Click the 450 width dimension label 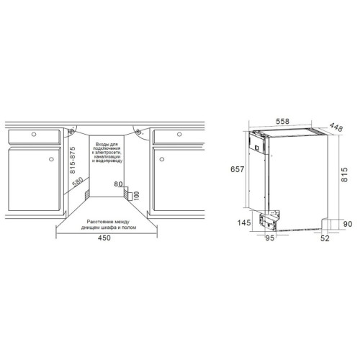coord(104,238)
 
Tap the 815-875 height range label coord(72,160)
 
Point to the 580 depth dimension coord(78,181)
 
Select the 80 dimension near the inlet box coord(118,184)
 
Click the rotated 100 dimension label coord(136,196)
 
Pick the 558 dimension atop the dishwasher coord(282,122)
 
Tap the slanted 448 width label coord(336,127)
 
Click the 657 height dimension coord(237,169)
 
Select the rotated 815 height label coord(344,174)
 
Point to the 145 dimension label coord(244,222)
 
